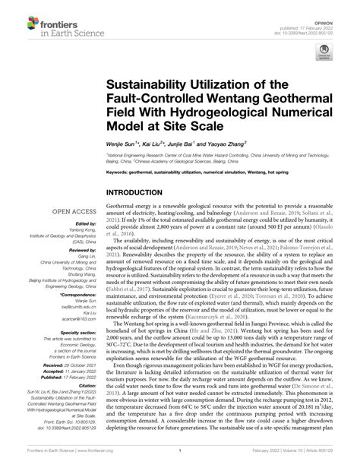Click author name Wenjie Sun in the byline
point(125,142)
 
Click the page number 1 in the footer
point(180,460)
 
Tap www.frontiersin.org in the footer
point(90,460)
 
